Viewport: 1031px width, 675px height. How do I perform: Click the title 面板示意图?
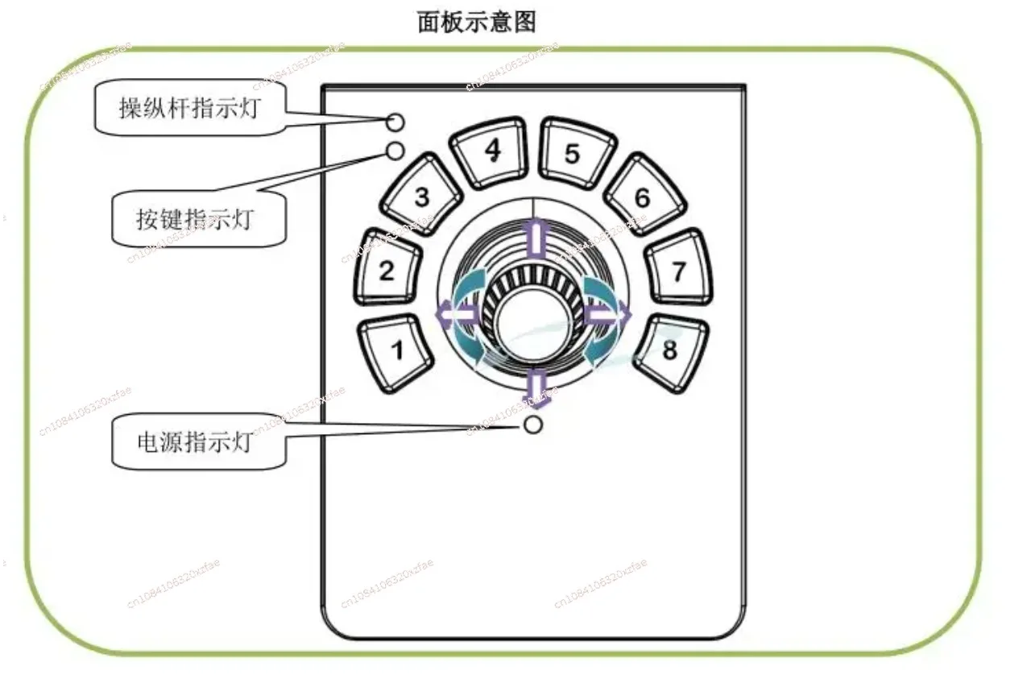pyautogui.click(x=476, y=22)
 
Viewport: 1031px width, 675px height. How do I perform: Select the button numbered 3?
pyautogui.click(x=421, y=197)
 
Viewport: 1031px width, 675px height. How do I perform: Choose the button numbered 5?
pyautogui.click(x=572, y=153)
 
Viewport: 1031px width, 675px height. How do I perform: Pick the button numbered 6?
pyautogui.click(x=642, y=197)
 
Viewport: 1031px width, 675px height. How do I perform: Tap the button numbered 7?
pyautogui.click(x=678, y=271)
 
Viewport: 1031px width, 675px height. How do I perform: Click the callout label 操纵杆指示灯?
pyautogui.click(x=190, y=108)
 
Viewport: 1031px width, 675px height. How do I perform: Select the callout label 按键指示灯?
pyautogui.click(x=194, y=218)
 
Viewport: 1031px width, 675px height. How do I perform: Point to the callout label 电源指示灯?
pyautogui.click(x=194, y=441)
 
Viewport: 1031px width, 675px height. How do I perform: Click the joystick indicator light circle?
pyautogui.click(x=394, y=122)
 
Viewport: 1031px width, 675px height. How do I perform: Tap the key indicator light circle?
pyautogui.click(x=395, y=150)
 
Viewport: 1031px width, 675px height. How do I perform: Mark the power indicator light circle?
pyautogui.click(x=532, y=425)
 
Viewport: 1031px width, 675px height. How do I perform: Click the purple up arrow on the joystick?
pyautogui.click(x=532, y=237)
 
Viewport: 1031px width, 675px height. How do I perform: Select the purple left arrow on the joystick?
pyautogui.click(x=451, y=313)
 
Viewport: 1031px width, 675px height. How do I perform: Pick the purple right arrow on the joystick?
pyautogui.click(x=609, y=314)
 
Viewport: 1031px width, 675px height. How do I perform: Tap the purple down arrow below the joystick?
pyautogui.click(x=532, y=385)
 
